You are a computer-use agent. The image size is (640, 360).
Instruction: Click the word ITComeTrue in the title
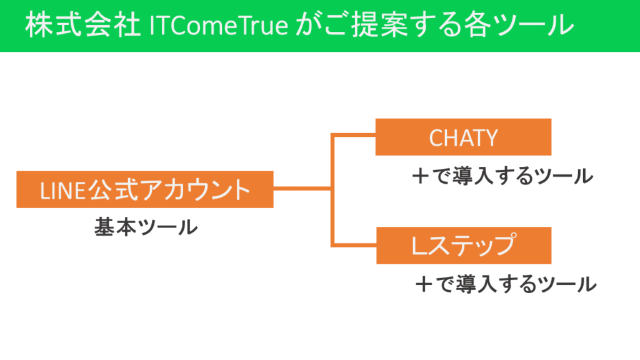[x=219, y=25]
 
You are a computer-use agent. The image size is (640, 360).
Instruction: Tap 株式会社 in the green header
[x=83, y=25]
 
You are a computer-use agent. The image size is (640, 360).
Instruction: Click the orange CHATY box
[x=463, y=137]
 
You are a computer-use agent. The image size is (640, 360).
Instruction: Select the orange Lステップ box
[x=464, y=245]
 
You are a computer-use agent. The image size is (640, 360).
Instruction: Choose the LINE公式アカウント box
[x=145, y=189]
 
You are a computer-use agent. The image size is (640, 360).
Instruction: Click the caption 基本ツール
[x=146, y=227]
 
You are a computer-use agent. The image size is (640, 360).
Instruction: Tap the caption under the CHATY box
[x=502, y=176]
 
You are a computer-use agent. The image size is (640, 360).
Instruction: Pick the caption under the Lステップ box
[x=506, y=284]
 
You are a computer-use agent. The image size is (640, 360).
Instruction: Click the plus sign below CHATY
[x=421, y=176]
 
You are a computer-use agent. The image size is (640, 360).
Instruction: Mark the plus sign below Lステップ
[x=424, y=284]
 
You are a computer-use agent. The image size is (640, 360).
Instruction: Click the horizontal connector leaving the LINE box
[x=302, y=189]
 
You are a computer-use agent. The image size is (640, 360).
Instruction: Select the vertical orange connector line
[x=332, y=190]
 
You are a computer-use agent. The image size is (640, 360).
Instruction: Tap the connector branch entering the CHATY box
[x=354, y=135]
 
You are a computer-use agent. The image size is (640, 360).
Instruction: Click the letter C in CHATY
[x=436, y=138]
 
